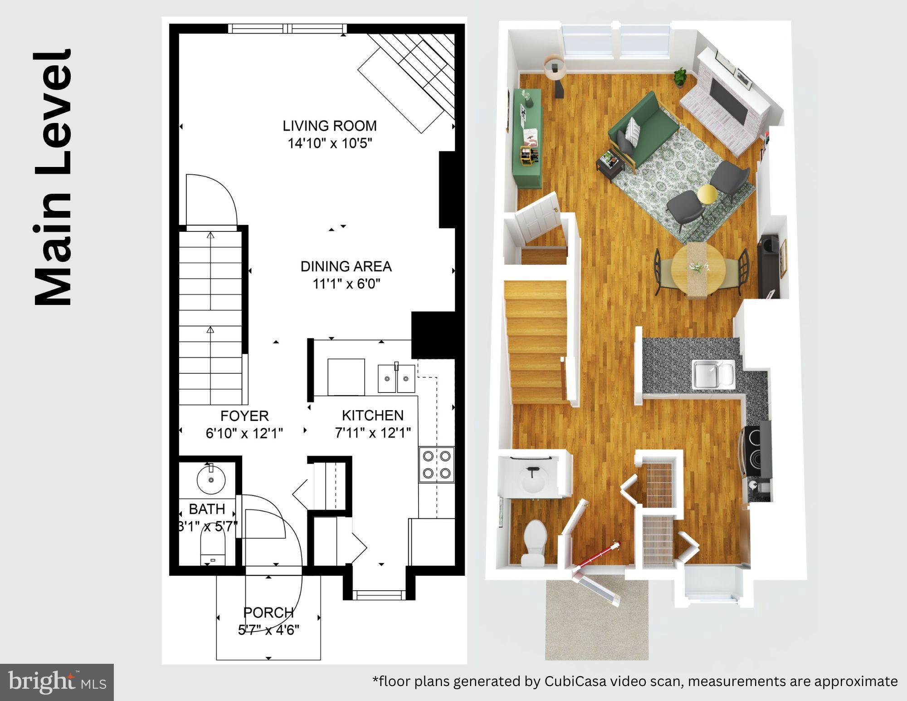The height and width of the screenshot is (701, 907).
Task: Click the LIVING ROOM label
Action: tap(330, 126)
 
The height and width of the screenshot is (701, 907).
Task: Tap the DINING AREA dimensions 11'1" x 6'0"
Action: tap(346, 284)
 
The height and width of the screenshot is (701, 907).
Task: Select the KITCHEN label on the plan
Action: tap(372, 415)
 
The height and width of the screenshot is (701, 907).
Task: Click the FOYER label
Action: tap(244, 416)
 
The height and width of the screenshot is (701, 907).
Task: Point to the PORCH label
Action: tap(268, 613)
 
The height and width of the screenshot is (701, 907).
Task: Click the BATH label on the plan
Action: tap(207, 509)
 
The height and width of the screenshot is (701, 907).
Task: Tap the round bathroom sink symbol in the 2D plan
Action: tap(211, 479)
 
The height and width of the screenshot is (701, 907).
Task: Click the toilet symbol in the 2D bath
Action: tap(213, 547)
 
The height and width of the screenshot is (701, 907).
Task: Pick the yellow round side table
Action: tap(707, 194)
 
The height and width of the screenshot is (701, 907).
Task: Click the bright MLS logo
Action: tap(57, 682)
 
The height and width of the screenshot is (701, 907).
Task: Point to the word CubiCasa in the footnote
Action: tap(575, 681)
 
